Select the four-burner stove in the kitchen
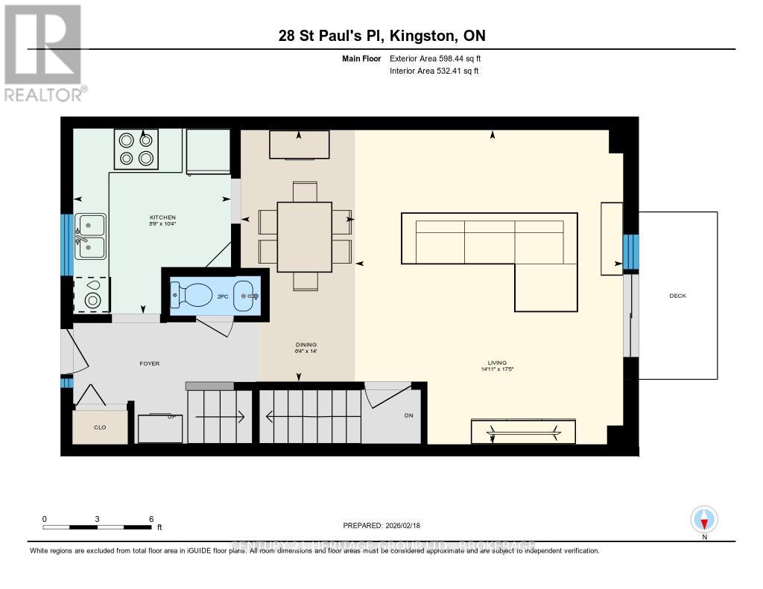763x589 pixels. [x=137, y=148]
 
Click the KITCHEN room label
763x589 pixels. [x=162, y=217]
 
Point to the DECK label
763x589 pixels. [x=677, y=296]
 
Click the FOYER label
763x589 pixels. [x=150, y=363]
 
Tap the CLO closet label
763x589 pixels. [x=101, y=427]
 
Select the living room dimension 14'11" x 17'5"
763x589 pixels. [x=498, y=369]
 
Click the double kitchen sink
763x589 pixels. [x=90, y=236]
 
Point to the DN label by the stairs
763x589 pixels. [x=408, y=416]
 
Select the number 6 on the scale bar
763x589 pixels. [x=151, y=519]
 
